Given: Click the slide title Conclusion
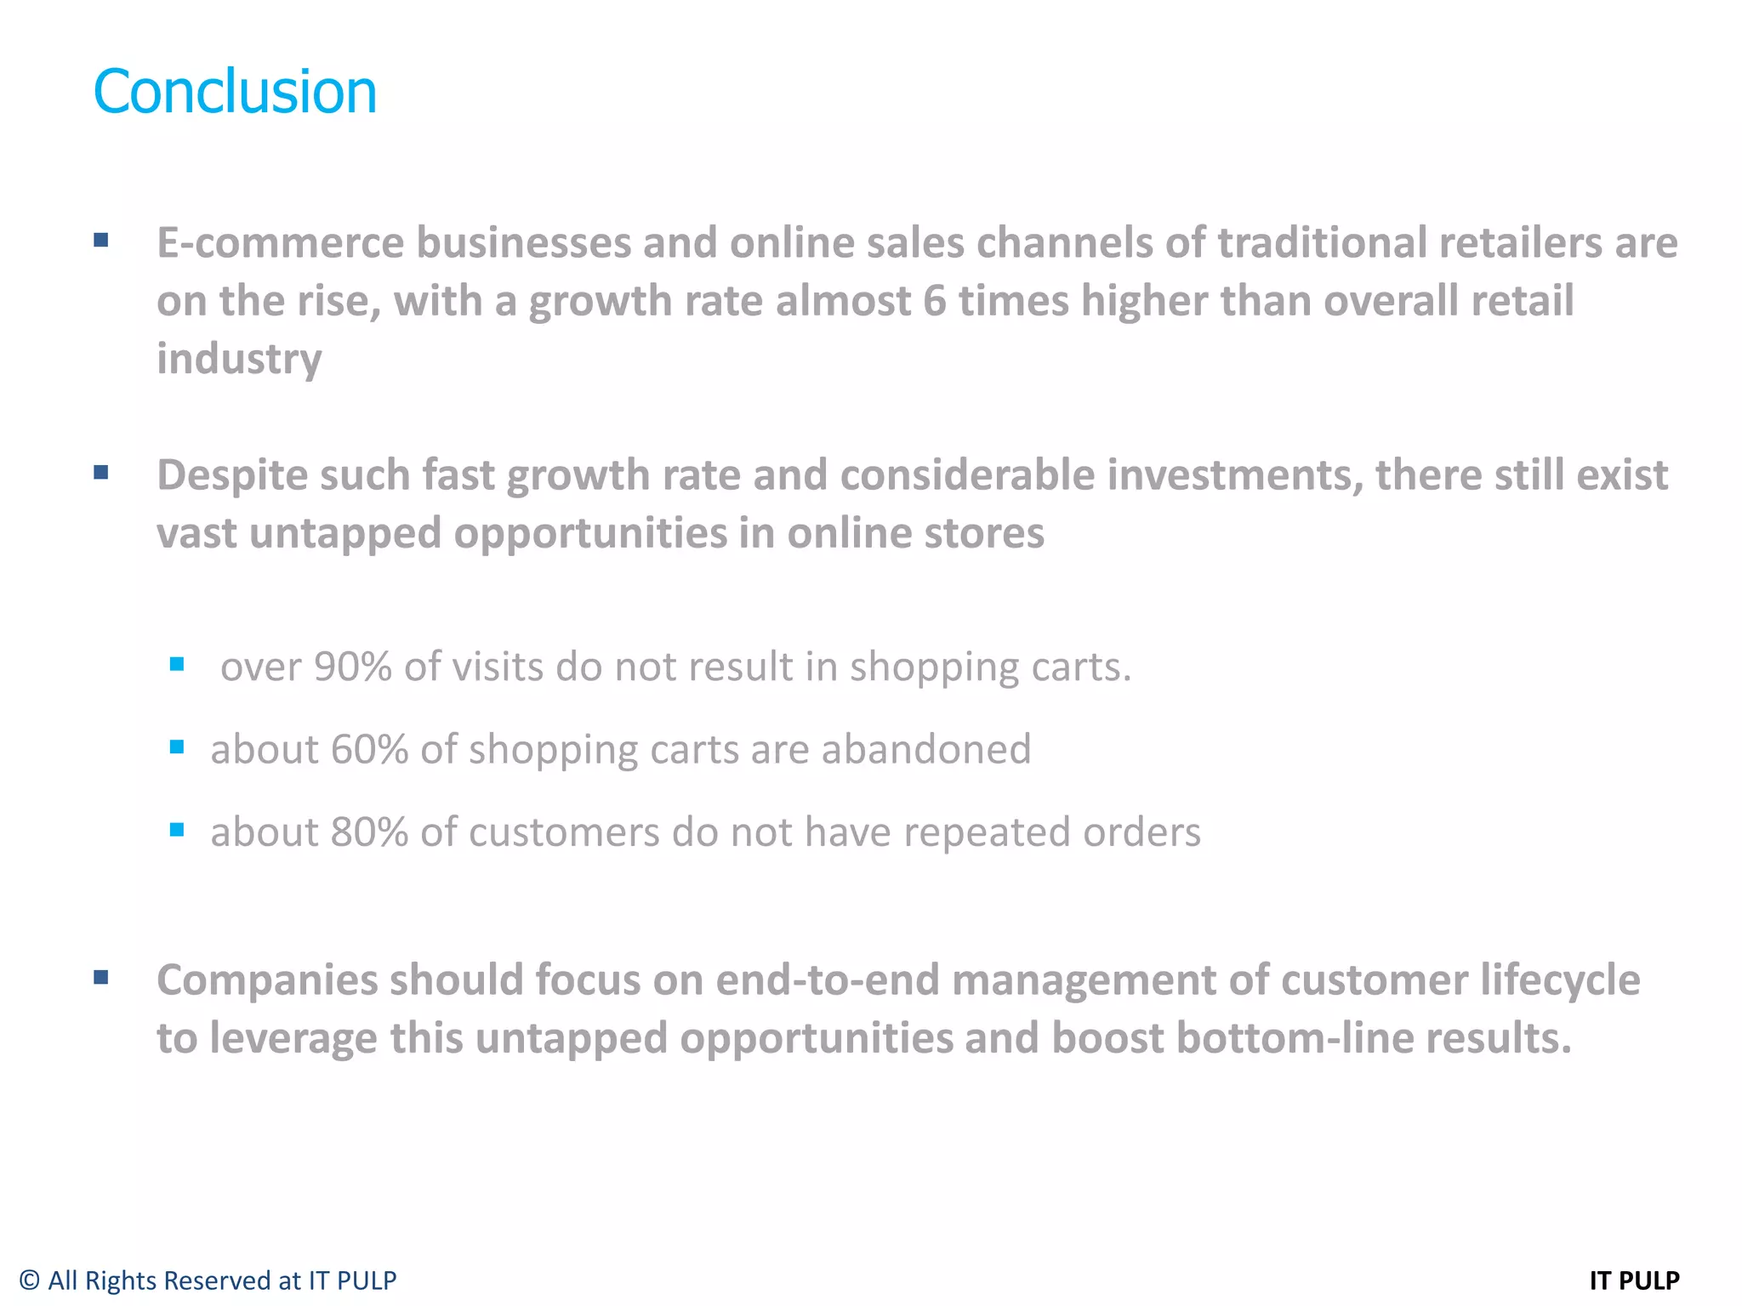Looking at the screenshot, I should click(235, 91).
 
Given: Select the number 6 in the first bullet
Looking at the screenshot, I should click(934, 301).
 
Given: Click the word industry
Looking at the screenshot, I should click(239, 359).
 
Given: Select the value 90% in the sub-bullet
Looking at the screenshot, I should click(352, 667).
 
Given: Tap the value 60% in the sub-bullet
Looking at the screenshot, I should click(369, 749).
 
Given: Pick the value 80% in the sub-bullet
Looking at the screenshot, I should click(369, 832).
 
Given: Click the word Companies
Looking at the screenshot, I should click(267, 979).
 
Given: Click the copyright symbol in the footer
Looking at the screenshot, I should click(30, 1280).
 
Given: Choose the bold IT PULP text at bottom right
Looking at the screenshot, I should click(1634, 1280).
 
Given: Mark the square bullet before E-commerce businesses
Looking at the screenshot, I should click(101, 241).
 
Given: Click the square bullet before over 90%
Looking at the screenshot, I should click(177, 664).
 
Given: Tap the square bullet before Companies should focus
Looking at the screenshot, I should click(101, 977).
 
